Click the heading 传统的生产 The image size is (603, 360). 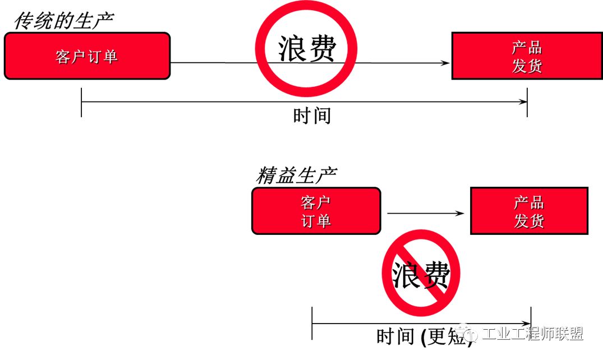coord(63,21)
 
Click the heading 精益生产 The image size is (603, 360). coord(296,176)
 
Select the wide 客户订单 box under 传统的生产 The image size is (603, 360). coord(87,56)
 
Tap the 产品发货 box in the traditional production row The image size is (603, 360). coord(527,56)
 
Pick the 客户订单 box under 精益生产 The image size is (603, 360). coord(316,211)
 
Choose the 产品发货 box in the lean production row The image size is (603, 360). coord(528,211)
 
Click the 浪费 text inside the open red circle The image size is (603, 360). coord(306,49)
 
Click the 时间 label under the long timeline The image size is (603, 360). coord(312,116)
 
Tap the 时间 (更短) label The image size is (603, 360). coord(424,336)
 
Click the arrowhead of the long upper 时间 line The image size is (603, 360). coord(524,102)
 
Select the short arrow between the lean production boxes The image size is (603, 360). coord(426,213)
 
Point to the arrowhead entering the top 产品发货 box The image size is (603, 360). coord(446,63)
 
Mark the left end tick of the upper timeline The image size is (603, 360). coord(82,102)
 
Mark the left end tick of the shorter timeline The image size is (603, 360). coord(312,323)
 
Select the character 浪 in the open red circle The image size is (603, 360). coord(292,49)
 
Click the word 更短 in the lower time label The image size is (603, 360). coord(448,336)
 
